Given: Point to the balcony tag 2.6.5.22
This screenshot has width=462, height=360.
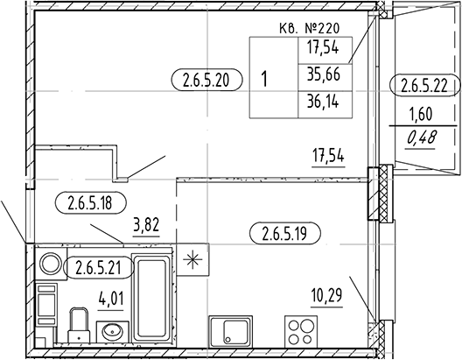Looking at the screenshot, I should pos(424,85).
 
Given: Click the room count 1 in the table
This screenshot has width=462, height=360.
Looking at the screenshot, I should pos(264,77).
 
